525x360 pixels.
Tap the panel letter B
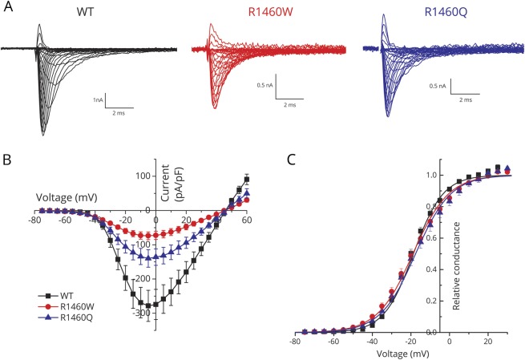click(x=7, y=160)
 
